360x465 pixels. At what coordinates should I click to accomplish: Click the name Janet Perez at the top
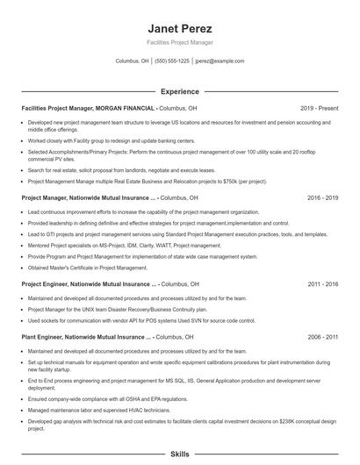point(180,29)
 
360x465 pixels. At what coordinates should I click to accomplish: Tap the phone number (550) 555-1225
point(171,61)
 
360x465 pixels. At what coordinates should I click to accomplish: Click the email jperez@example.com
point(220,61)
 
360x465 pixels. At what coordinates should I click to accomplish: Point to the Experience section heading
point(180,90)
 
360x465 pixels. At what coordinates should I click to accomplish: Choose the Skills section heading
point(180,454)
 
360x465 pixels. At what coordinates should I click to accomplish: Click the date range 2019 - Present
point(319,108)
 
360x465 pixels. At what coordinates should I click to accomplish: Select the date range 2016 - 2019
point(322,198)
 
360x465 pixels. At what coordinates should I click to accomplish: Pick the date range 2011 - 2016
point(322,284)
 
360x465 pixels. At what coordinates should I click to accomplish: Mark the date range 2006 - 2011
point(322,336)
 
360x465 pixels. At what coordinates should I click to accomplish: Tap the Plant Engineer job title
point(47,336)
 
